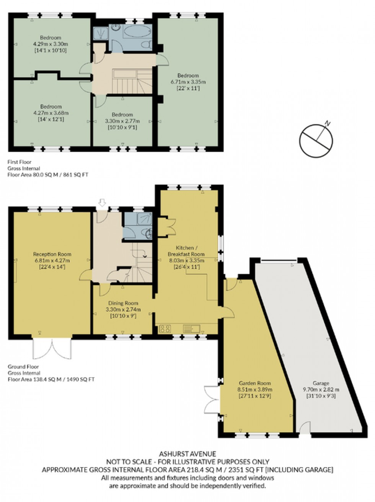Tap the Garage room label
tap(321, 383)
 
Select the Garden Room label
tap(255, 383)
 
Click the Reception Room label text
tap(52, 254)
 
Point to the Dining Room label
tap(123, 303)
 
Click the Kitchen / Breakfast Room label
tap(186, 251)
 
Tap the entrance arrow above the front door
tap(102, 202)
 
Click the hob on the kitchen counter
tap(165, 328)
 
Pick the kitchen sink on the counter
tap(190, 328)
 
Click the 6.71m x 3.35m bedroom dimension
tap(188, 82)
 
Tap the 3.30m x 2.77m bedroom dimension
tap(122, 121)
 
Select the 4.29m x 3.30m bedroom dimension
tap(51, 44)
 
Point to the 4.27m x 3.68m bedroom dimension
tap(51, 113)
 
